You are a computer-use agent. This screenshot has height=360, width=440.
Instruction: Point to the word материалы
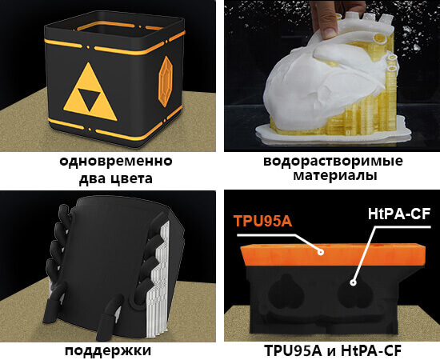pyautogui.click(x=332, y=176)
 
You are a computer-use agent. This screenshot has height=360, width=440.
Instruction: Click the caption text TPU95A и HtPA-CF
pyautogui.click(x=331, y=350)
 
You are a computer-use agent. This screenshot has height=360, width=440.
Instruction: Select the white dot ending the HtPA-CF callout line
pyautogui.click(x=353, y=282)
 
